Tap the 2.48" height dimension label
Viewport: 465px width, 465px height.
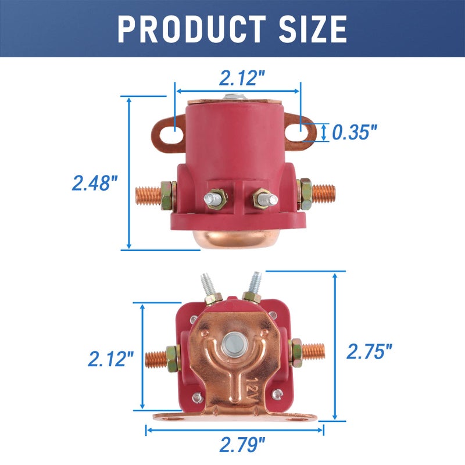95,183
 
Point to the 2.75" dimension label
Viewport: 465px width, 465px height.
369,351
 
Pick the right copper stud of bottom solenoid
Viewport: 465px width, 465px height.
314,351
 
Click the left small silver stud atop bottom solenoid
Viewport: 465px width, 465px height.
207,285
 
